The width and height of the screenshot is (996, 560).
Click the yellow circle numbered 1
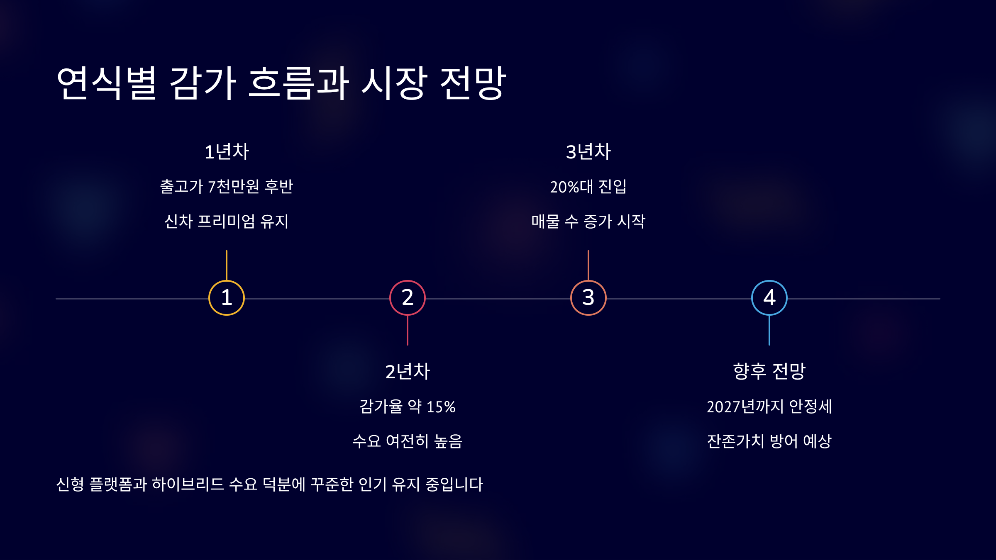click(x=226, y=298)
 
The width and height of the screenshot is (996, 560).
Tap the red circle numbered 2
click(x=407, y=298)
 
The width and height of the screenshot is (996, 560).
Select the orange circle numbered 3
click(x=588, y=298)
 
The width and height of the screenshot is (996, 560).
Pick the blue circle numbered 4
click(x=769, y=298)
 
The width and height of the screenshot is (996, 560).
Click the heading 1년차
click(x=227, y=152)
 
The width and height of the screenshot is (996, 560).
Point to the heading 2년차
click(x=408, y=371)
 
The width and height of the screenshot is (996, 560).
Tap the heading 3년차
click(x=588, y=152)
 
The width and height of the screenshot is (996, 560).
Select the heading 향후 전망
click(x=769, y=371)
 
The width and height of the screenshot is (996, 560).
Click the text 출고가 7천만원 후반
click(x=227, y=187)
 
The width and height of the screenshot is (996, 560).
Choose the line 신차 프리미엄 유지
click(x=227, y=222)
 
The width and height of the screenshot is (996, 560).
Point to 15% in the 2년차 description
click(x=441, y=407)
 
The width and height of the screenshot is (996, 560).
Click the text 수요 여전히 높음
click(x=408, y=441)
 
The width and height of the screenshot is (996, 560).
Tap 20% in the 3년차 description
click(x=564, y=187)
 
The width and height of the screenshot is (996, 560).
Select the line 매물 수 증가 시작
click(x=588, y=222)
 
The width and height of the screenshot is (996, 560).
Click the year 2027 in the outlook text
click(x=723, y=407)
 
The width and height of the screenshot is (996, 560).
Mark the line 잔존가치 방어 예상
click(x=769, y=441)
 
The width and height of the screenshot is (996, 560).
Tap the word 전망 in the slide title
click(x=473, y=83)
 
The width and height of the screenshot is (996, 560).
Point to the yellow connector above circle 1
click(x=226, y=265)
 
